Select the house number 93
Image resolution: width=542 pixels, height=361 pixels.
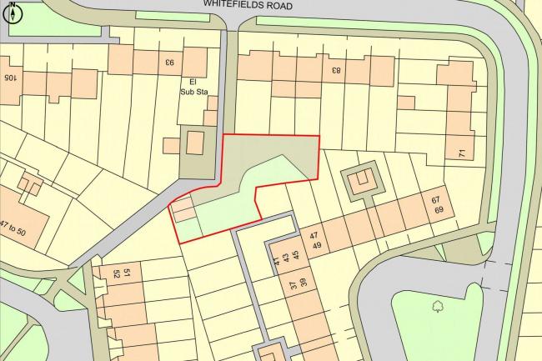tap(168, 60)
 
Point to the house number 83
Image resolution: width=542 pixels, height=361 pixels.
tap(336, 69)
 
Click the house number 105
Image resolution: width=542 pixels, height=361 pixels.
tap(10, 78)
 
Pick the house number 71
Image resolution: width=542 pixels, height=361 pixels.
tap(461, 153)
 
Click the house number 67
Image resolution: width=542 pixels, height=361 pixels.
tap(434, 200)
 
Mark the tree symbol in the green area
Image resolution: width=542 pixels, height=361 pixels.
tap(438, 307)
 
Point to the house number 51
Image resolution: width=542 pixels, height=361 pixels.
tap(128, 273)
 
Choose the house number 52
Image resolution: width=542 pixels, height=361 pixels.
tap(128, 283)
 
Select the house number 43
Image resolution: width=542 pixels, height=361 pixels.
tap(286, 258)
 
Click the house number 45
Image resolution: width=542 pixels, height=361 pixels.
tap(296, 255)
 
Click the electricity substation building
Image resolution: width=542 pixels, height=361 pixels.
tap(195, 143)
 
